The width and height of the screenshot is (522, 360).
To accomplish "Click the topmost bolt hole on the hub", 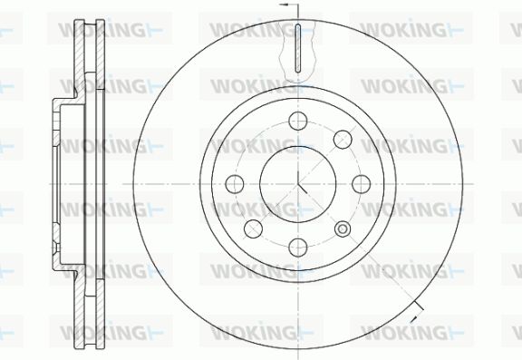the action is (297, 121).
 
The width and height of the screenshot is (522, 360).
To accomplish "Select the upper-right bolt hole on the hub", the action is (343, 140).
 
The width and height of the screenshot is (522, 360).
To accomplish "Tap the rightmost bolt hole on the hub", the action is (362, 184).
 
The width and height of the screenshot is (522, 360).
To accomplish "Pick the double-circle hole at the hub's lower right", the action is (343, 229).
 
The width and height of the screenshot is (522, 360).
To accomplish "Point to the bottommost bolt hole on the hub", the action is (297, 248).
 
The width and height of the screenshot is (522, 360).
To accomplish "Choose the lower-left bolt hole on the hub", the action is (253, 229).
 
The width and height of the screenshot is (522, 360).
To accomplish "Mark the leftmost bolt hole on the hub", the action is (235, 184).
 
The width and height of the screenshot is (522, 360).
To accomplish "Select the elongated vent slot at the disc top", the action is (298, 48).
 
